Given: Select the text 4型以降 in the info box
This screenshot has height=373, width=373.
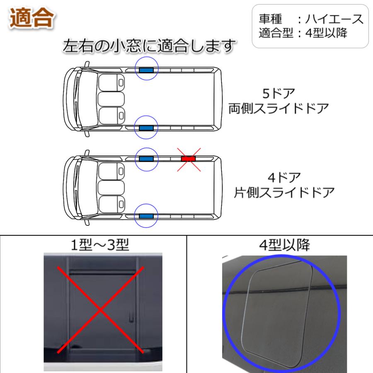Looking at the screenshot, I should coord(326,33).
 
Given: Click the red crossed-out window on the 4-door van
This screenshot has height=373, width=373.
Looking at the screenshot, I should coord(189,159).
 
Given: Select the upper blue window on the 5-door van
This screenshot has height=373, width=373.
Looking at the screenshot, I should coord(146,70).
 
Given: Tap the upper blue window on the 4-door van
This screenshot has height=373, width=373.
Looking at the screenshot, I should coord(146,159).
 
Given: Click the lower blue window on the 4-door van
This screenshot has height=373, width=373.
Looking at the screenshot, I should coord(146,216).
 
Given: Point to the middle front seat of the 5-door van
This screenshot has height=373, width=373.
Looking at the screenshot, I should coord(111,99).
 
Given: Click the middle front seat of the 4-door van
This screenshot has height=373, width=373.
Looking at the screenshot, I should coord(111,187).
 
